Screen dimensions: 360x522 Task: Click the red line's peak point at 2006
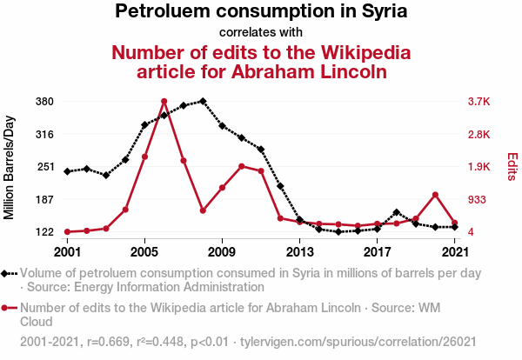click(164, 102)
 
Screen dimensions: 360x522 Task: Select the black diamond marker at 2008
click(203, 101)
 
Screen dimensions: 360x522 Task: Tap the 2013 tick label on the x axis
click(300, 252)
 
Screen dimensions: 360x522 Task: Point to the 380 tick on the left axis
click(44, 102)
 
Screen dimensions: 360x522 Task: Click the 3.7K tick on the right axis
click(479, 102)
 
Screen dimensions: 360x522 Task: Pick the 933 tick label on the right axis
click(477, 200)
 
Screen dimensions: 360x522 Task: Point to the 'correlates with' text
click(261, 33)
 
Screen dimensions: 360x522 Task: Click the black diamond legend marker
click(10, 273)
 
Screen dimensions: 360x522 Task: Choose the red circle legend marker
click(10, 308)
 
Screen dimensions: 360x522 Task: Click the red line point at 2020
click(435, 194)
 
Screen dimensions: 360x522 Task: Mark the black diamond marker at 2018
click(397, 212)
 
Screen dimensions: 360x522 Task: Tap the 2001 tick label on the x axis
click(67, 252)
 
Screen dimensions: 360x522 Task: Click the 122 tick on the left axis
click(44, 232)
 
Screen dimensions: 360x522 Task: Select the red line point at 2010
click(241, 166)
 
